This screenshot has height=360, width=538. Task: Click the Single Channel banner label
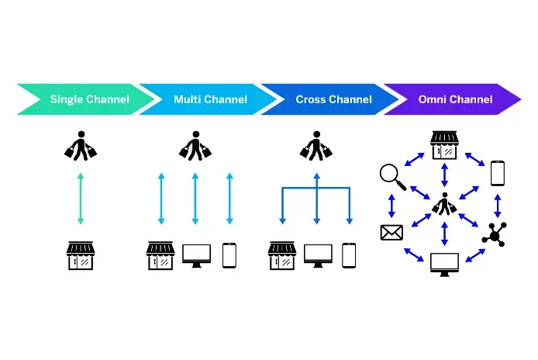coord(89,99)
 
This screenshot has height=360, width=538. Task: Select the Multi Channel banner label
coord(210,99)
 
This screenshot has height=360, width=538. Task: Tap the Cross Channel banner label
coord(333,99)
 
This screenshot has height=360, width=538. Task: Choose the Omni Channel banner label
coord(455,99)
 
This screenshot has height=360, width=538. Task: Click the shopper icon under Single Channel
coord(81,146)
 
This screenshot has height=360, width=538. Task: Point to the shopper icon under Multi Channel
coord(194,146)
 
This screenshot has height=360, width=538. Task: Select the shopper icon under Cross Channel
coord(316,146)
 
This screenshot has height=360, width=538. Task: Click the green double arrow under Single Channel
coord(81,200)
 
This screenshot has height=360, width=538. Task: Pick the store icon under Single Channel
coord(81,255)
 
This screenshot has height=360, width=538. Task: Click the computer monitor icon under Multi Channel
coord(196,255)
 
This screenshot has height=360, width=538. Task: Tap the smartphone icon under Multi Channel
coord(229,255)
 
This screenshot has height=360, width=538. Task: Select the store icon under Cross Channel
coord(281,255)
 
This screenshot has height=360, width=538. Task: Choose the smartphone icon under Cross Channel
coord(349,255)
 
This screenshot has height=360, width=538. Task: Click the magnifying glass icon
coord(393,177)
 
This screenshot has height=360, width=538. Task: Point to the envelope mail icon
coord(391,232)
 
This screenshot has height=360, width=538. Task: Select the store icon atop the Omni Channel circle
coord(444,144)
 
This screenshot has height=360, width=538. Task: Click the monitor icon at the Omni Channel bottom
coord(444,264)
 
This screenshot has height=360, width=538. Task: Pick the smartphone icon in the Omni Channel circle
coord(498,173)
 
